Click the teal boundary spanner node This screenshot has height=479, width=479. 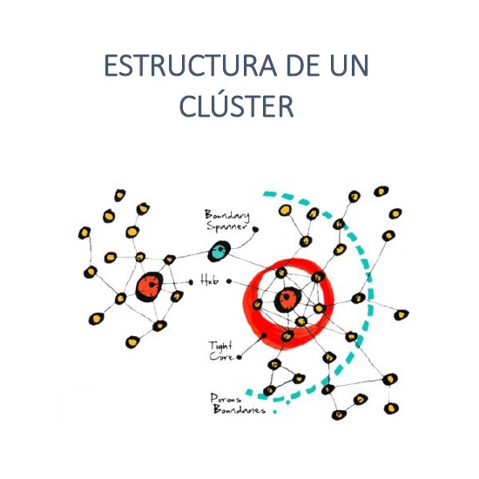click(x=219, y=251)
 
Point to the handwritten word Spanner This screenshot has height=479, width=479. click(x=226, y=226)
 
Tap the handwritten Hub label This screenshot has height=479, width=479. click(x=210, y=280)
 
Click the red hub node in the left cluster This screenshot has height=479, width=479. click(x=150, y=287)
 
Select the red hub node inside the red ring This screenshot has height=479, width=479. click(x=287, y=300)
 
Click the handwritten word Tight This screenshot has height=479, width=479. click(x=220, y=346)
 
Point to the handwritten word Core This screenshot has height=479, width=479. click(x=221, y=356)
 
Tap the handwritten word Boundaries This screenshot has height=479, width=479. click(x=239, y=408)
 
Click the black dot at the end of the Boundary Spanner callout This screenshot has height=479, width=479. click(x=255, y=229)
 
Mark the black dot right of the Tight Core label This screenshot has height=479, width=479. click(x=239, y=357)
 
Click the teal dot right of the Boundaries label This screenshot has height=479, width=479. click(x=274, y=411)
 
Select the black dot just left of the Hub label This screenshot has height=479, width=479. click(x=191, y=282)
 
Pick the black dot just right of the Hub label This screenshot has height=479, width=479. click(x=229, y=281)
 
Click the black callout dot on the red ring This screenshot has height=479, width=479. click(x=264, y=335)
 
